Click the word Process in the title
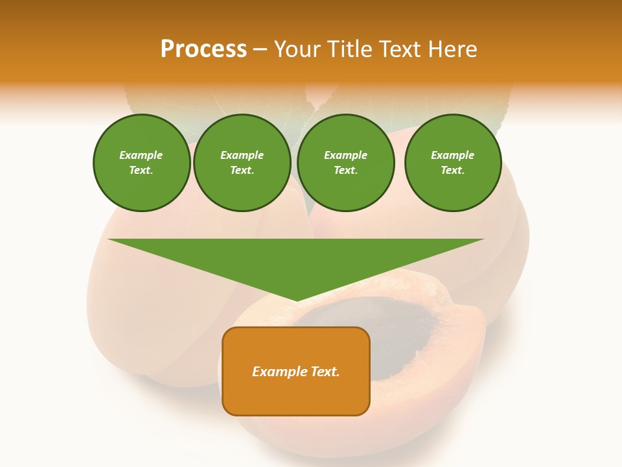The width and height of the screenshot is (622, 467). [203, 49]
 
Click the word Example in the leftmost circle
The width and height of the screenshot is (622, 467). [141, 155]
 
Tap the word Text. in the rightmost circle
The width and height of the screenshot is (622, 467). [453, 171]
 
